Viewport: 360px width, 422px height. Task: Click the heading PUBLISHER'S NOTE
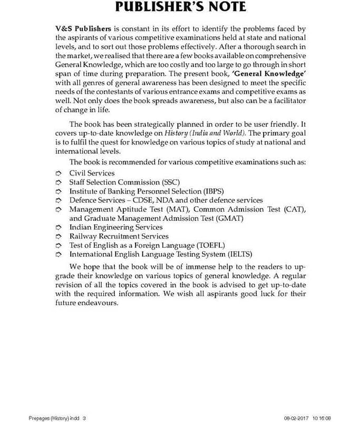(x=180, y=7)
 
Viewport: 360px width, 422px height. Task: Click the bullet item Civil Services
(x=92, y=173)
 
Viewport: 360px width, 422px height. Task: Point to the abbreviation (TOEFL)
(x=211, y=245)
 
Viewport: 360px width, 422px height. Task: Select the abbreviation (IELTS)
(x=238, y=254)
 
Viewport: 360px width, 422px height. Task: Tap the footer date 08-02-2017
(x=295, y=418)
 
